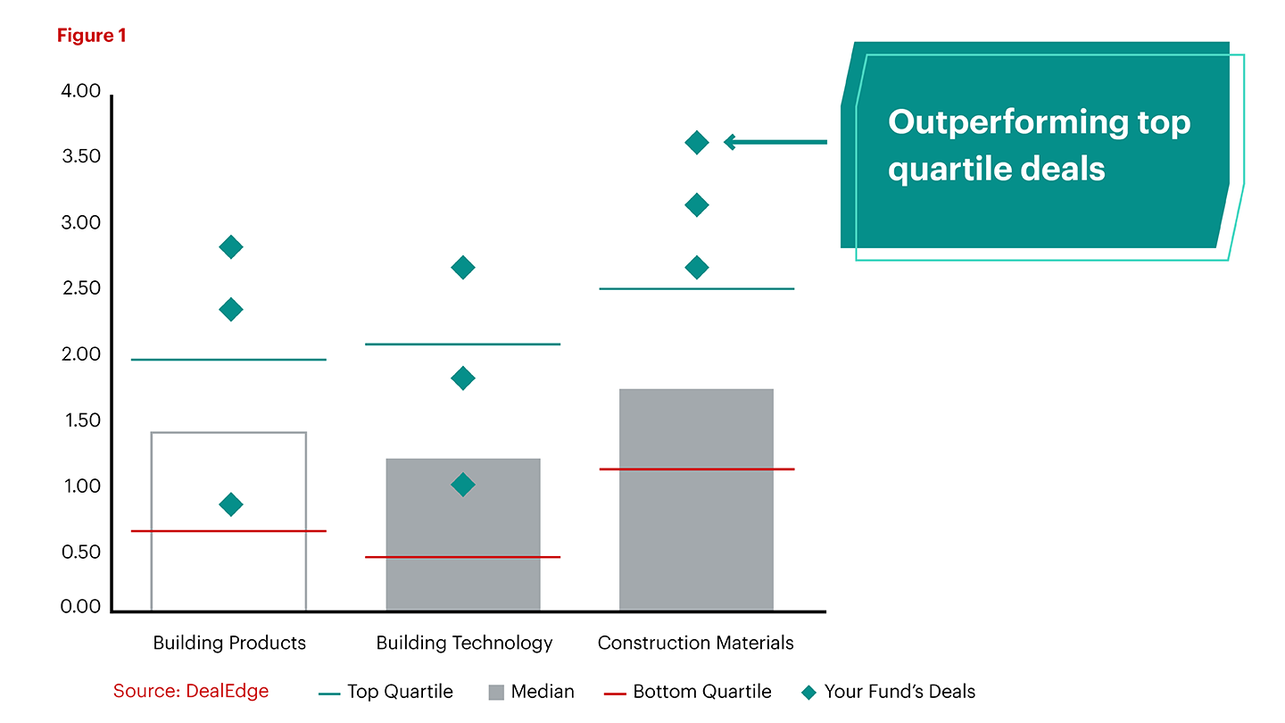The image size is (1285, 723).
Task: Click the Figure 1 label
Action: (92, 36)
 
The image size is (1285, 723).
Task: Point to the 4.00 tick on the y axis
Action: (80, 92)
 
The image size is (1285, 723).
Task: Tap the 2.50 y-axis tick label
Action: (80, 289)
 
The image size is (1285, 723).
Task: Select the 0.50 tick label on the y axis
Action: (80, 553)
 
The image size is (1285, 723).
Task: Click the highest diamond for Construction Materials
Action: (696, 142)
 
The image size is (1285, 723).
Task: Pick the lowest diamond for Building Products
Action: (230, 504)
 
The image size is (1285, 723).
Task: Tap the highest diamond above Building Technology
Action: (462, 267)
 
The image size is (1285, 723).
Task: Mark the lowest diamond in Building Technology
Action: (462, 485)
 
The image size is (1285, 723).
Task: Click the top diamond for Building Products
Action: (230, 247)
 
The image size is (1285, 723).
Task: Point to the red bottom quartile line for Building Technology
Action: (462, 557)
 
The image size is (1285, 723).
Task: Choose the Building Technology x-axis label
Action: (464, 643)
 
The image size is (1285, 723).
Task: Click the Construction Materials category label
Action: (696, 643)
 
